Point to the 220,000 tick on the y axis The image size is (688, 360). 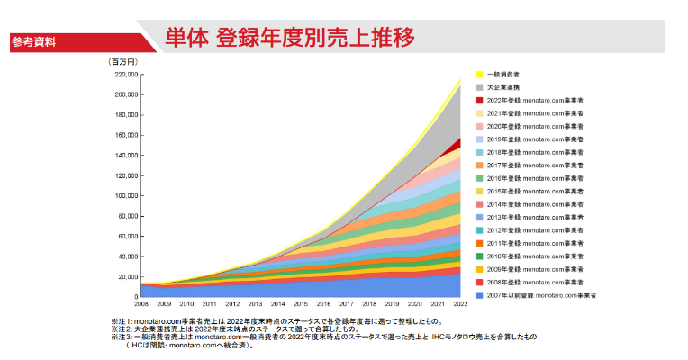pos(123,75)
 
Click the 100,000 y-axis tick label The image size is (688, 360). pos(123,195)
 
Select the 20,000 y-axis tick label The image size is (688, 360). pos(126,276)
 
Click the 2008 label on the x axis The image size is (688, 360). pos(141,304)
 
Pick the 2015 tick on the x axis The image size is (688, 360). pos(302,304)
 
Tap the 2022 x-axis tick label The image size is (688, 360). pos(461,304)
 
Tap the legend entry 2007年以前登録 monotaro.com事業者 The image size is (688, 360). pos(541,295)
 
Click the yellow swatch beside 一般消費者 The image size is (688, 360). pos(479,74)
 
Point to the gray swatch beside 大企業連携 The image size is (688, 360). pos(479,87)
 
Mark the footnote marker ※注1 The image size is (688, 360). pos(122,320)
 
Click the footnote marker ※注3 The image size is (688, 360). pos(122,336)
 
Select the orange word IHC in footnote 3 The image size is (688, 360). pos(440,336)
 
